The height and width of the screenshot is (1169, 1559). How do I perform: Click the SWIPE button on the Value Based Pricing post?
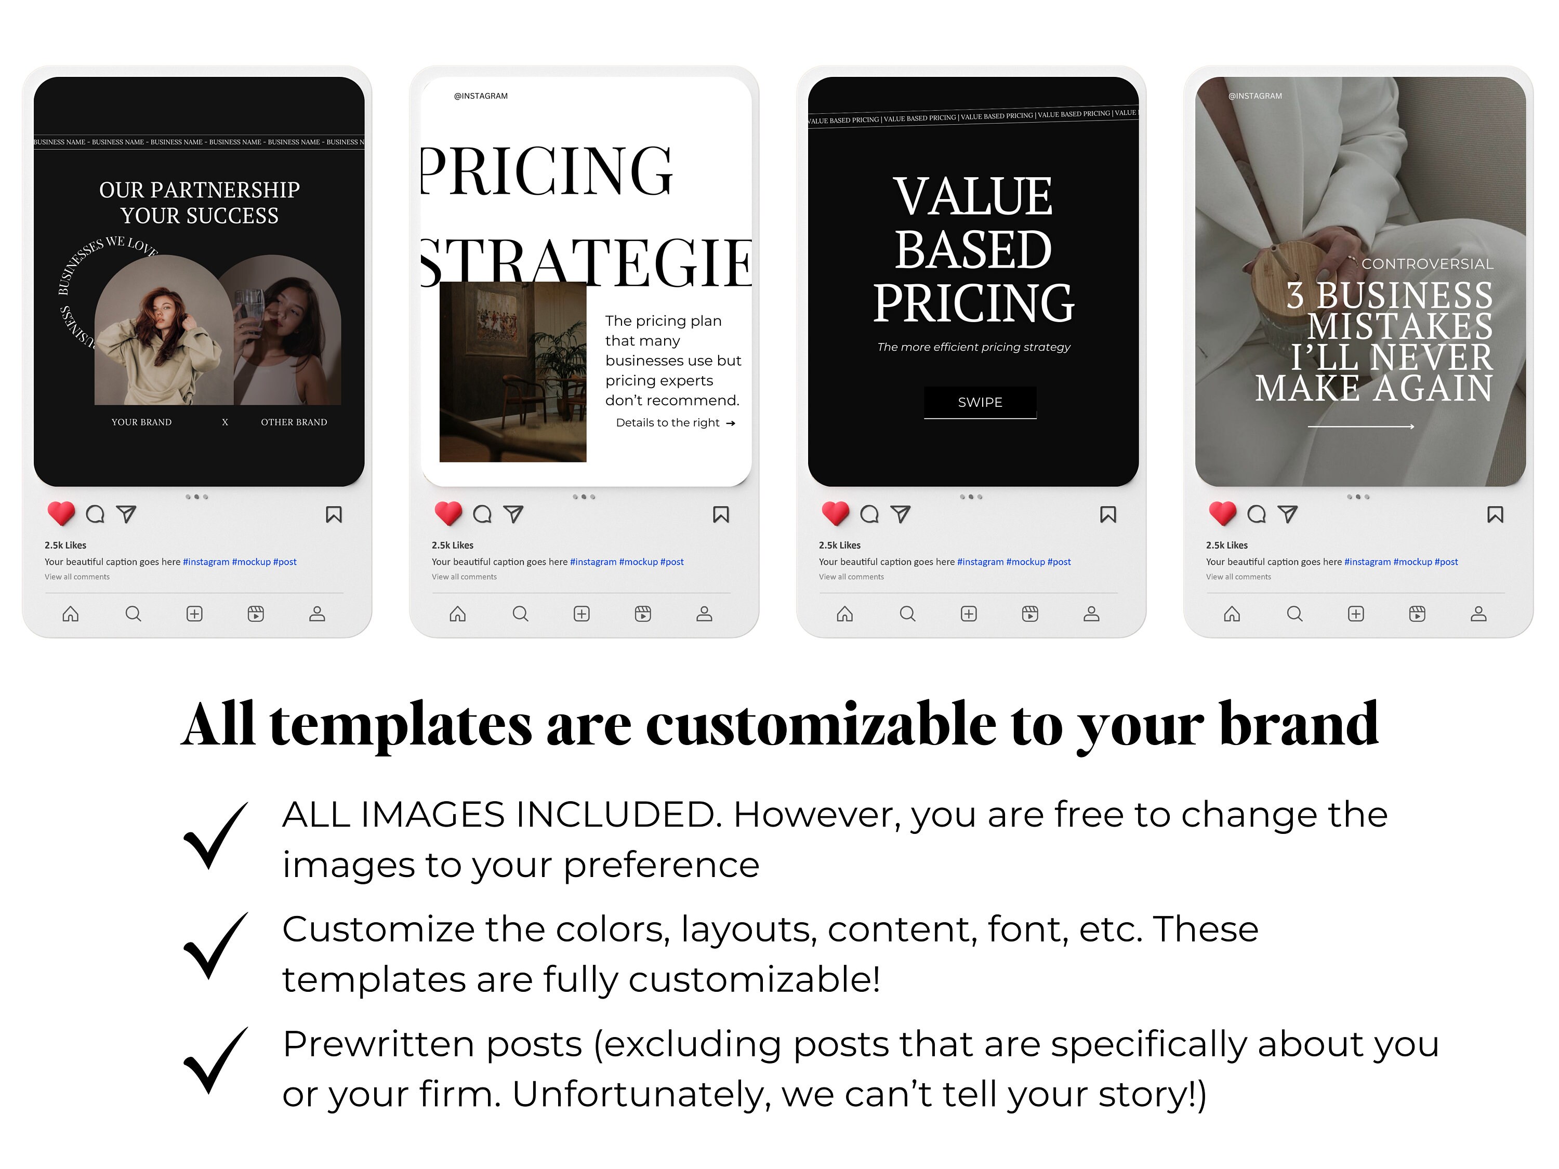click(980, 402)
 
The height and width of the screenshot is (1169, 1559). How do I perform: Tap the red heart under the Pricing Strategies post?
click(448, 514)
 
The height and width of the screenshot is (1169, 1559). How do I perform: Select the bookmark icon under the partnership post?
click(334, 515)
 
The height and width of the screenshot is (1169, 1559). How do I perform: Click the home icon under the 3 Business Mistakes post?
click(1231, 615)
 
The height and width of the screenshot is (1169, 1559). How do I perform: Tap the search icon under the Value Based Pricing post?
click(907, 615)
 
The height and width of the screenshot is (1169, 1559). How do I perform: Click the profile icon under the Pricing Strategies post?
click(704, 615)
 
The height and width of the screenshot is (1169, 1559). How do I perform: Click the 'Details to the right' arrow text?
click(675, 423)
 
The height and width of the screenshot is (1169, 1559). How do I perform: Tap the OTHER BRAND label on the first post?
click(294, 422)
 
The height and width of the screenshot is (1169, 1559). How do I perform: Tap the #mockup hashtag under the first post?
click(251, 562)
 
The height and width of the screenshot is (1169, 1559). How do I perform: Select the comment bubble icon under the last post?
click(1256, 514)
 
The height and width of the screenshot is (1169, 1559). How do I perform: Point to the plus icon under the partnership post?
click(194, 615)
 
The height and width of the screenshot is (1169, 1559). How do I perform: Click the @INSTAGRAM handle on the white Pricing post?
click(481, 96)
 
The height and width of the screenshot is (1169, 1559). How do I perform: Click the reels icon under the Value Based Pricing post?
click(1029, 615)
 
